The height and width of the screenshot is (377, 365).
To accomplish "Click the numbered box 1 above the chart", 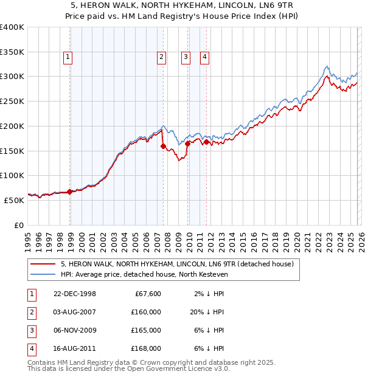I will pos(67,58).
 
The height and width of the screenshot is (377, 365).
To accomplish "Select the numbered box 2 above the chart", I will pos(161,58).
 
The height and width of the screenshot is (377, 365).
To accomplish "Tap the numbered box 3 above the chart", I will pos(185,58).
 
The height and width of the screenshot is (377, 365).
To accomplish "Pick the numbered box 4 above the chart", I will pos(204,58).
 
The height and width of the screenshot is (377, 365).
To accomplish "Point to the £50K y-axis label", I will pos(15,199).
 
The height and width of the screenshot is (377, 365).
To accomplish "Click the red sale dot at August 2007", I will pos(163,146).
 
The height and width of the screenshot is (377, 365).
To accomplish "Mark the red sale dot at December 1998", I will pos(70,192).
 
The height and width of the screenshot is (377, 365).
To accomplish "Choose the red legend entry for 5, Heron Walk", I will pos(177,264).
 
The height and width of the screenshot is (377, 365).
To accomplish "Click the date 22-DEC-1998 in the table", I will pos(75,294).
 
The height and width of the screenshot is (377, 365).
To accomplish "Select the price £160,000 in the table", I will pos(146,312).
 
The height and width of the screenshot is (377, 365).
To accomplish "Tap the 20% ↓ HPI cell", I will pos(205,312).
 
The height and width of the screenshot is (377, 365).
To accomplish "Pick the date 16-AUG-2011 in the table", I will pos(75,348).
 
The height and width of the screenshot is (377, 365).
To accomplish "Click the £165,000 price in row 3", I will pos(146,330).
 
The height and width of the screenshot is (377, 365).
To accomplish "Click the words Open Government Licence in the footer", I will pos(176,368).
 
